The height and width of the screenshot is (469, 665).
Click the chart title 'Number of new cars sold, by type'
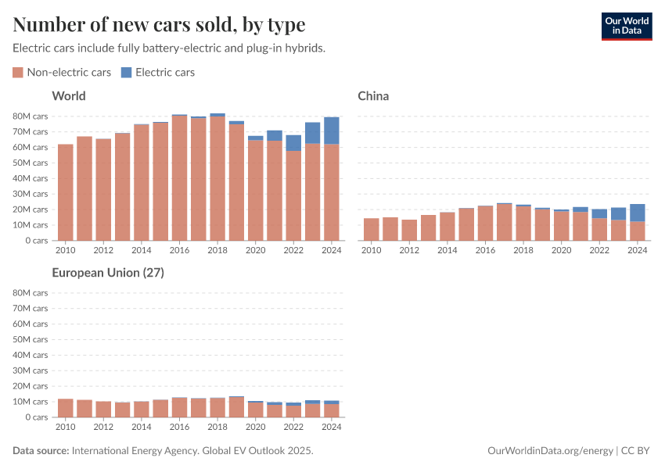[159, 24]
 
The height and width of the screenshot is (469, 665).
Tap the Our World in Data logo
[626, 26]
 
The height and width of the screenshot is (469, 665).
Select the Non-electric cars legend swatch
[18, 73]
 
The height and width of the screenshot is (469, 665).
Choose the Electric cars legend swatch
[127, 73]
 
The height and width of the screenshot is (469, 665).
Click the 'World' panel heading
[69, 96]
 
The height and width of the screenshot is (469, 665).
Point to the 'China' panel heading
[373, 96]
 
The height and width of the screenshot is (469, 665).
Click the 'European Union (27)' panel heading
[107, 273]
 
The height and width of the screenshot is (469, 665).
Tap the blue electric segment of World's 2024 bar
[332, 131]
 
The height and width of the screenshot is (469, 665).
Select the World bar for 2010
[65, 192]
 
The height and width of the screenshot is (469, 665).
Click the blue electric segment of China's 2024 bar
[638, 213]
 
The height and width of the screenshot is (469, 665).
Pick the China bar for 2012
[409, 230]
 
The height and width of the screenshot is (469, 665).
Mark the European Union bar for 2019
[236, 407]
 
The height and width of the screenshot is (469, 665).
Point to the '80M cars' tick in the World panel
[31, 116]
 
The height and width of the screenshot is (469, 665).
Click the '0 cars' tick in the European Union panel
[35, 417]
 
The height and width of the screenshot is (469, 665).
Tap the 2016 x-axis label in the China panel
[485, 251]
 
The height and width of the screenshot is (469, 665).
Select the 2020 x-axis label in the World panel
[255, 251]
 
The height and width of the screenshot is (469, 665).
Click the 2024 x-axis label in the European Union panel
[332, 428]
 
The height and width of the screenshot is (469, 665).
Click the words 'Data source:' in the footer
[41, 451]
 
